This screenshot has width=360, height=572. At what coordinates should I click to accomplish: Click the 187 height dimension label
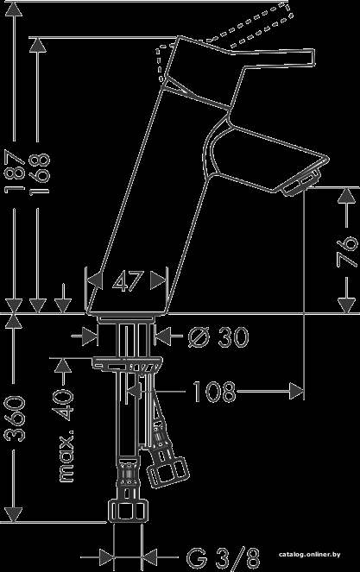click(x=16, y=169)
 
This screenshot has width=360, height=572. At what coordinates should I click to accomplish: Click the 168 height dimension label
click(x=40, y=174)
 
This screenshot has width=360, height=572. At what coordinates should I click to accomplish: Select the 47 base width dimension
click(x=126, y=281)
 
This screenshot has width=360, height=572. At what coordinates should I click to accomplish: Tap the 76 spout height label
click(x=347, y=252)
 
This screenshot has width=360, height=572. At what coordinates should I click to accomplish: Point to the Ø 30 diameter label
click(x=218, y=336)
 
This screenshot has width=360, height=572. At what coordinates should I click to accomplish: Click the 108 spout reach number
click(x=213, y=393)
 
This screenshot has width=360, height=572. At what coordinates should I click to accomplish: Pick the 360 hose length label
click(x=16, y=418)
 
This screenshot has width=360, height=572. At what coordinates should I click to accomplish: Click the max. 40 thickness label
click(x=65, y=435)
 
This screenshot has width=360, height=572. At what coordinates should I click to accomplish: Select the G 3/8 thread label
click(x=224, y=557)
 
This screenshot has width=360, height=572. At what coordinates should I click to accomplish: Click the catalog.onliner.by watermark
click(x=310, y=555)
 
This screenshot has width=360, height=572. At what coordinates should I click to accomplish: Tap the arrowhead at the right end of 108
click(x=296, y=392)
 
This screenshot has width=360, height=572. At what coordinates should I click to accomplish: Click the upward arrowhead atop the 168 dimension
click(x=38, y=45)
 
